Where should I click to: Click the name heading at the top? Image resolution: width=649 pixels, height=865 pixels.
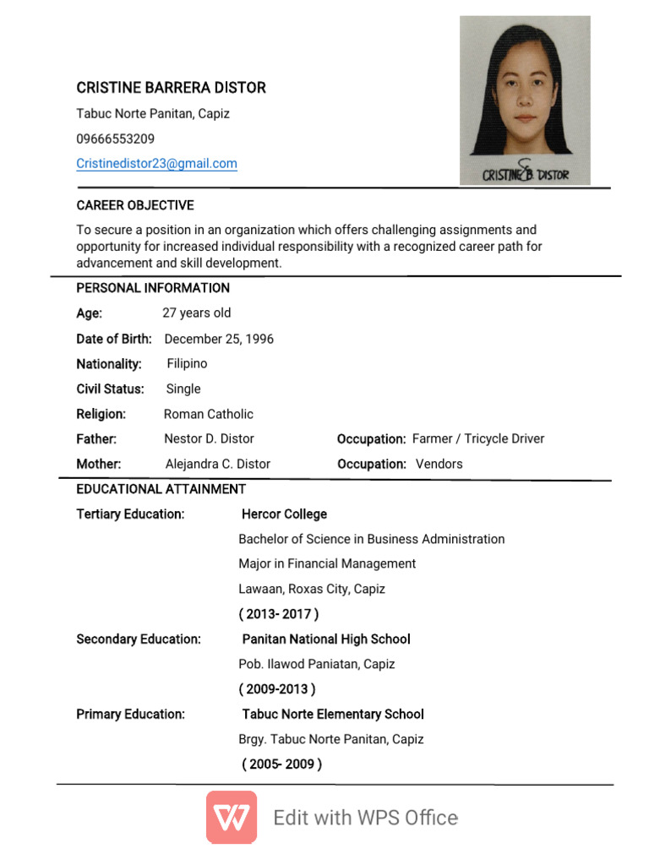[171, 88]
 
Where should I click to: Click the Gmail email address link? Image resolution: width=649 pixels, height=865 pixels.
[156, 164]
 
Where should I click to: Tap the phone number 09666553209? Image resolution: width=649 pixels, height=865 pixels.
[116, 139]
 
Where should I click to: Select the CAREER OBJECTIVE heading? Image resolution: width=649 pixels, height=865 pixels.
[135, 205]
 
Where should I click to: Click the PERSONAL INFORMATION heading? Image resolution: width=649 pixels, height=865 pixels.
[153, 288]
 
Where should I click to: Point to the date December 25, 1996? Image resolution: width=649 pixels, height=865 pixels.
[219, 339]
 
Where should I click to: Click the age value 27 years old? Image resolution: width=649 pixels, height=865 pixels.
[196, 313]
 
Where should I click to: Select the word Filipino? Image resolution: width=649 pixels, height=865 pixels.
[187, 363]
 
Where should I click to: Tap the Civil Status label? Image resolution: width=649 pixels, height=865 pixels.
[110, 389]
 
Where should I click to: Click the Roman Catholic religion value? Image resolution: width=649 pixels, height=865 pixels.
[208, 414]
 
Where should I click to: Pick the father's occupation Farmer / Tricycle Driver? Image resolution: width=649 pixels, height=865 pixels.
[478, 438]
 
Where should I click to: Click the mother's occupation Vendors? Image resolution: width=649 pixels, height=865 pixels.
[439, 464]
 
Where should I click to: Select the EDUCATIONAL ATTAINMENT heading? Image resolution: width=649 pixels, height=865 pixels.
[161, 489]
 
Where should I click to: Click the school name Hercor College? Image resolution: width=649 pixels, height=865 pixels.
[284, 514]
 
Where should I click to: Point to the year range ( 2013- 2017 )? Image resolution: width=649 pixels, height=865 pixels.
[279, 614]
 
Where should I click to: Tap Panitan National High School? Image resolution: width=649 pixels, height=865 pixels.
[326, 639]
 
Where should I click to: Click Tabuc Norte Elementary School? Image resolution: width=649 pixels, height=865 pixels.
[333, 714]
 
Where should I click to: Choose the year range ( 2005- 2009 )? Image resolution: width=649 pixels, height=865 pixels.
[281, 764]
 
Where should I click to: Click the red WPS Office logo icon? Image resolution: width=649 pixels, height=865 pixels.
[232, 817]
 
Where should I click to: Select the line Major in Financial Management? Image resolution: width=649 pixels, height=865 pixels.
[327, 563]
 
